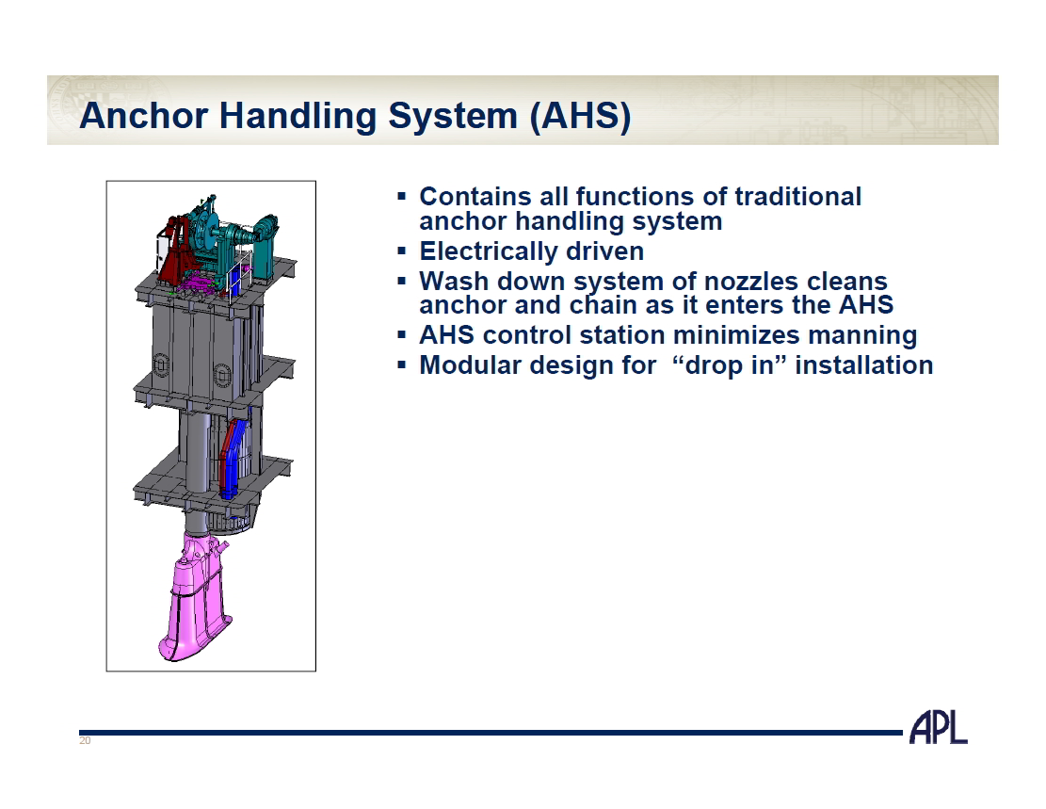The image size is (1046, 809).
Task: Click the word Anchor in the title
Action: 143,115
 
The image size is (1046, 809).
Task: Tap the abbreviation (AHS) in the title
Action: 580,116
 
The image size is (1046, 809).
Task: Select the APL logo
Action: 938,728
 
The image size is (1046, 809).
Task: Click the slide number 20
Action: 85,741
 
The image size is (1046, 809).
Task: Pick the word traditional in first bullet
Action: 797,197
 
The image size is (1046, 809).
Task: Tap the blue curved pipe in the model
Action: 233,460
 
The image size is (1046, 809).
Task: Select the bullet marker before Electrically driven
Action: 402,251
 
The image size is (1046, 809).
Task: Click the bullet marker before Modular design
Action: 402,365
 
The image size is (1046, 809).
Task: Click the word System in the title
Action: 453,116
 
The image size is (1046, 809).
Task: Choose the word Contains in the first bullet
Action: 475,197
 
